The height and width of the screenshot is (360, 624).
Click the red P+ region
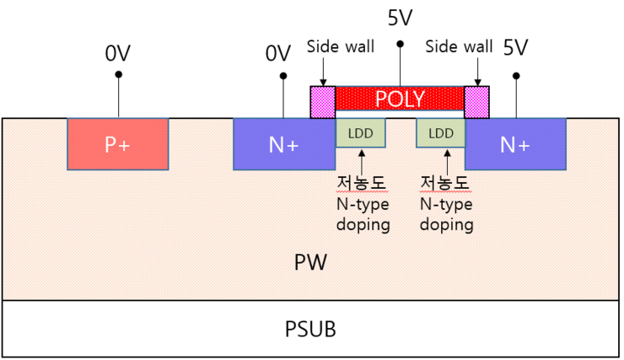[x=117, y=144]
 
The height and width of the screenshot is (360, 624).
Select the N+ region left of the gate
[x=283, y=144]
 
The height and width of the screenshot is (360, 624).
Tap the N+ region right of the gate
[x=514, y=144]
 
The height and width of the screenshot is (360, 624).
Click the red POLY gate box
[x=400, y=99]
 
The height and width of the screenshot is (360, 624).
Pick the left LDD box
[x=361, y=133]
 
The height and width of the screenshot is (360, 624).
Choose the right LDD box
[x=440, y=133]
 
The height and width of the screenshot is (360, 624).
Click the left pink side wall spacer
[x=323, y=102]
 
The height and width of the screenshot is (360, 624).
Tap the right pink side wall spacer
[x=477, y=102]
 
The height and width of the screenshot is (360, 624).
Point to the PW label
[x=310, y=263]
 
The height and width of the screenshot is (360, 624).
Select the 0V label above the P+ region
[x=117, y=53]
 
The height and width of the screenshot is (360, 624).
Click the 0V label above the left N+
[x=277, y=53]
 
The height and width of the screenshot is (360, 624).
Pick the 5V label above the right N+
[x=515, y=47]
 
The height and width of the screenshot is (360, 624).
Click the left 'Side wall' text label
[x=341, y=46]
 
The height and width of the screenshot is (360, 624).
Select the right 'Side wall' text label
[x=459, y=46]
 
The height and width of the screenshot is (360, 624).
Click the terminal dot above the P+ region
[x=118, y=75]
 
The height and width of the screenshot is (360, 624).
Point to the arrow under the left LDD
[x=362, y=160]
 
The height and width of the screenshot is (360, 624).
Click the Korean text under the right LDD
[x=444, y=183]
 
